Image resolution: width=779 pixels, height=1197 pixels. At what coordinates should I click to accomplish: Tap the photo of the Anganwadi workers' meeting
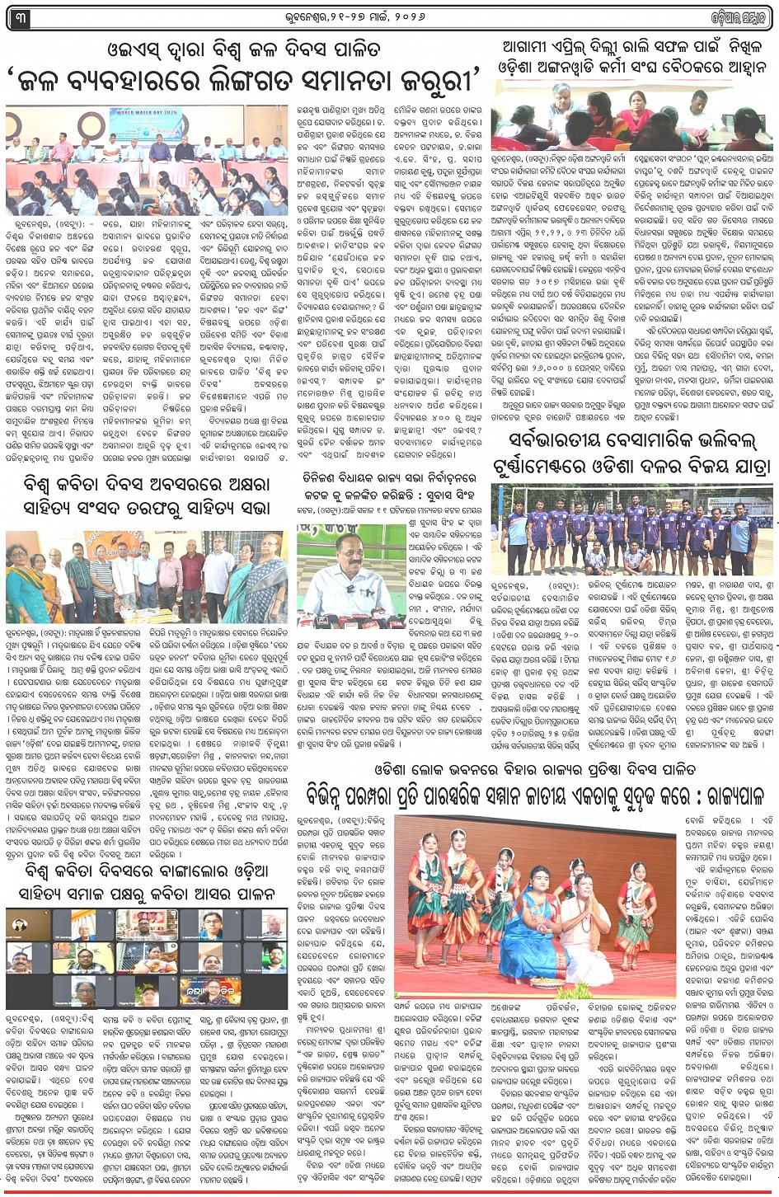tap(631, 116)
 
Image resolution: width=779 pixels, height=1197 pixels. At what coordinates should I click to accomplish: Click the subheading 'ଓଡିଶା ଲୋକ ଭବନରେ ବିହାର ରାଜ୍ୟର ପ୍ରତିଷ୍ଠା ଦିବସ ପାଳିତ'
tap(529, 776)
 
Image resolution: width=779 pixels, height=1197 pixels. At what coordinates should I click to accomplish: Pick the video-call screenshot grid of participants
tap(148, 955)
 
